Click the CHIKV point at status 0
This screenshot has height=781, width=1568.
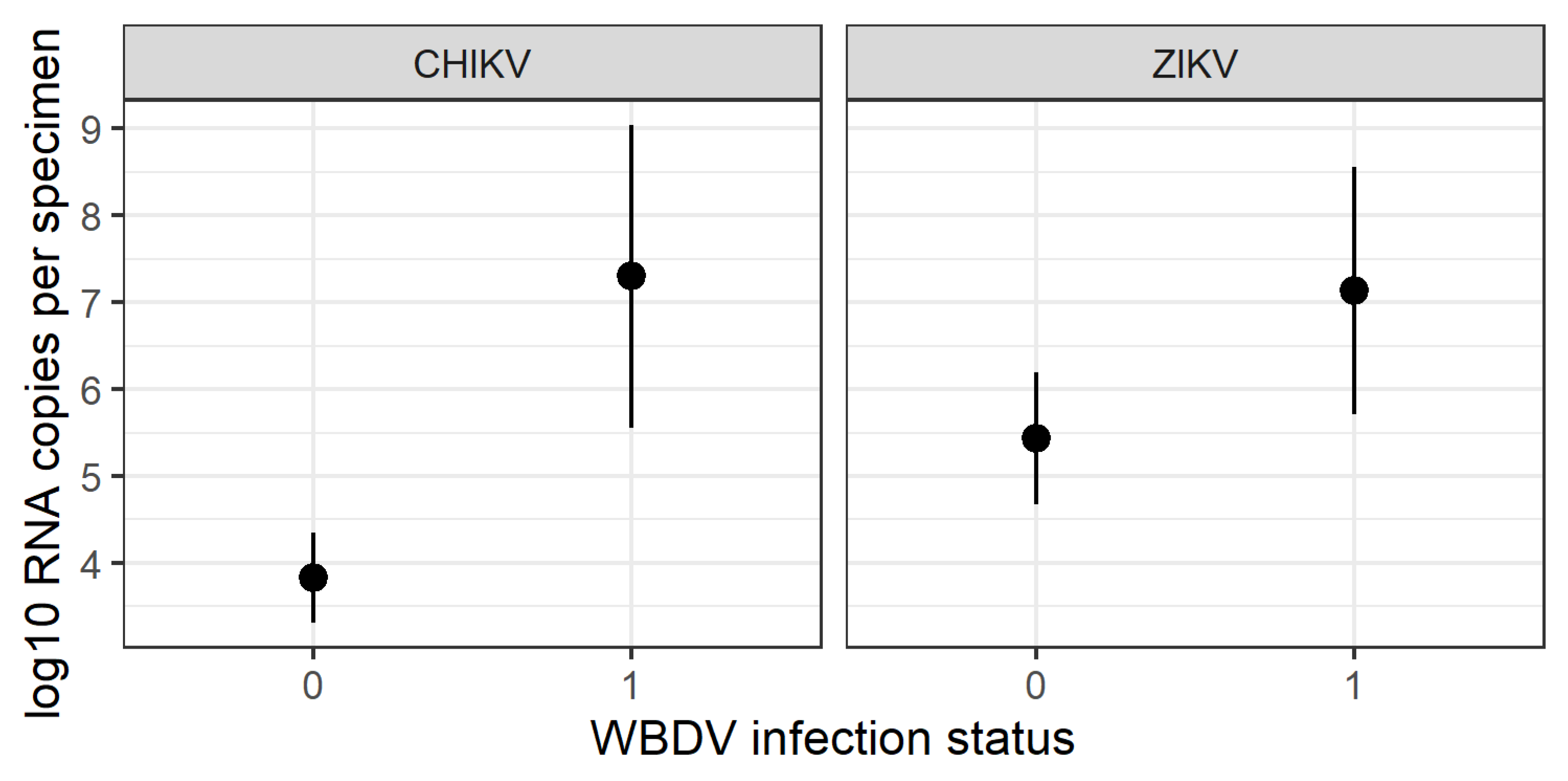[313, 577]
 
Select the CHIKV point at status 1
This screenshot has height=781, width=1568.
[631, 276]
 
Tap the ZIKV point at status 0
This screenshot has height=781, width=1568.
[1036, 438]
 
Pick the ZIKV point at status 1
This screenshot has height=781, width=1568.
[1354, 290]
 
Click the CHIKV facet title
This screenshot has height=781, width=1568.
[472, 64]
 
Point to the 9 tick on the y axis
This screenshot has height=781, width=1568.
[92, 129]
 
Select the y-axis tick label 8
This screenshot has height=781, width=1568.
[92, 216]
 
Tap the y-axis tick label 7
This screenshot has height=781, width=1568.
[92, 303]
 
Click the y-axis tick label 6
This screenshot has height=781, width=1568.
[92, 390]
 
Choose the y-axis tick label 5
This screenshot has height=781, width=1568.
[92, 477]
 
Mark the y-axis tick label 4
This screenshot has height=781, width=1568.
[92, 564]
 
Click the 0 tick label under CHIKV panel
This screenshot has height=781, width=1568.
[313, 685]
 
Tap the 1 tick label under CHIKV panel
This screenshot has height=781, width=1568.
[631, 685]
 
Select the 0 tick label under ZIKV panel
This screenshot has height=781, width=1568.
[1036, 685]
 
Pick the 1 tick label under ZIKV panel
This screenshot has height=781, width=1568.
[1354, 685]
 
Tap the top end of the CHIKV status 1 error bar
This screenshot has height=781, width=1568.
[631, 127]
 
